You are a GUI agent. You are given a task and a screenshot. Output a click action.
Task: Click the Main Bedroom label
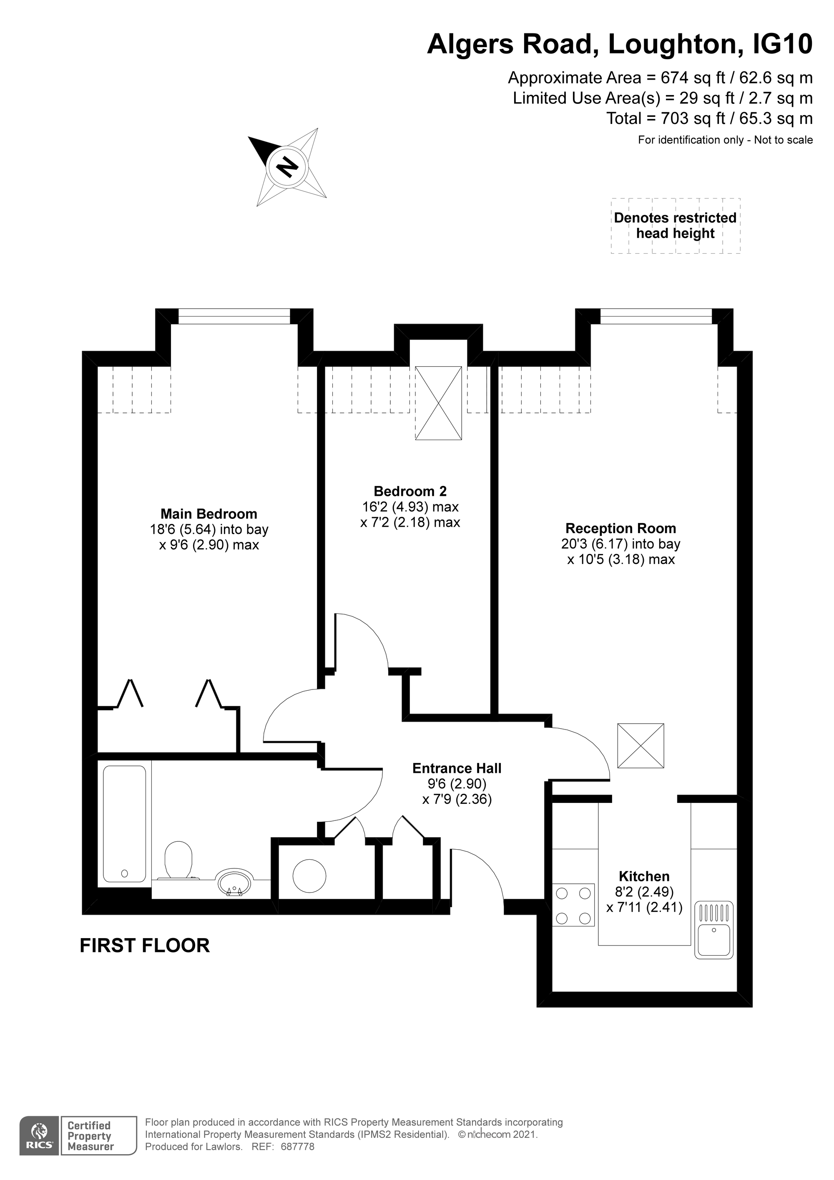click(x=208, y=513)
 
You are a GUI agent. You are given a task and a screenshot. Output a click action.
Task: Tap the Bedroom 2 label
click(x=410, y=491)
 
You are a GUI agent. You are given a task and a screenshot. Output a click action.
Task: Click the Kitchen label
click(x=644, y=876)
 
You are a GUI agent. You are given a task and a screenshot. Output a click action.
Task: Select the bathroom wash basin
click(x=234, y=883)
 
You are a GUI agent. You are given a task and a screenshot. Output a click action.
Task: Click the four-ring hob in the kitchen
click(x=573, y=905)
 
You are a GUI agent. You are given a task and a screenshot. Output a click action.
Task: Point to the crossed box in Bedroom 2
click(x=438, y=403)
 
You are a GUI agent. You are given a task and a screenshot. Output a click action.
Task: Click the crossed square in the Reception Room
click(x=640, y=746)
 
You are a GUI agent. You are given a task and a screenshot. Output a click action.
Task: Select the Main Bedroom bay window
click(x=234, y=316)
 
